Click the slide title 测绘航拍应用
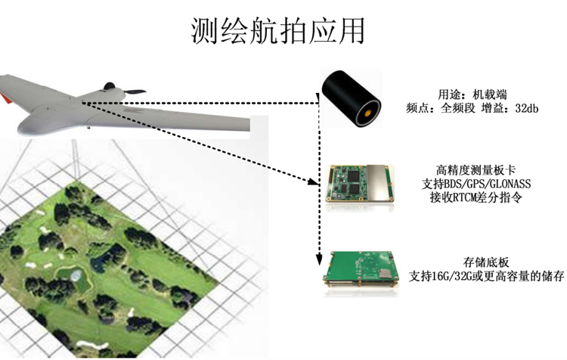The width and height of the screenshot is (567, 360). click(x=277, y=31)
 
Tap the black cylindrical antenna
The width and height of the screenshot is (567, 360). click(x=352, y=98)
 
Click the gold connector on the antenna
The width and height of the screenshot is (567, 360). click(x=367, y=113)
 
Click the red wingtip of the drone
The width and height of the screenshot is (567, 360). click(x=5, y=98)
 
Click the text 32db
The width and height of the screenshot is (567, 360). click(x=526, y=108)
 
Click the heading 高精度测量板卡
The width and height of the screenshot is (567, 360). click(x=476, y=170)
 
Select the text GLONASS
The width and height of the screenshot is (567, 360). click(x=510, y=184)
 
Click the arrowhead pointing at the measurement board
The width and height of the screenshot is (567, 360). click(x=313, y=182)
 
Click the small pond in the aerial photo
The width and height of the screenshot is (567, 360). click(x=76, y=276)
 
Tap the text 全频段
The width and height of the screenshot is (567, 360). click(x=458, y=108)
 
